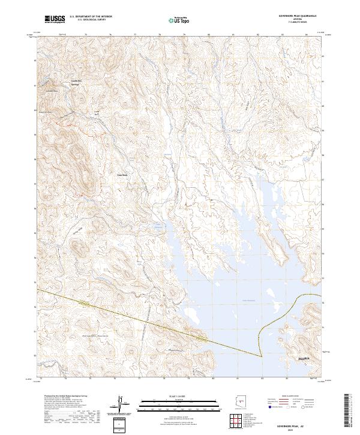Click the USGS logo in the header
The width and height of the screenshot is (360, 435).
(x=55, y=20)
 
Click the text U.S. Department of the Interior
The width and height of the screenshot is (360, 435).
(x=91, y=17)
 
